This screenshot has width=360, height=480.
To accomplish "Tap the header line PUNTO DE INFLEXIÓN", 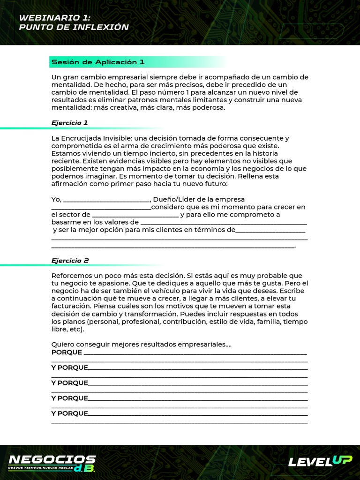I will pyautogui.click(x=74, y=27).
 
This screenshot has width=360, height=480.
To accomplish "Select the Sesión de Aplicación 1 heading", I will pyautogui.click(x=97, y=62).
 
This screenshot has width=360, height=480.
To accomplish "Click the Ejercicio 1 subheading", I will pyautogui.click(x=69, y=123).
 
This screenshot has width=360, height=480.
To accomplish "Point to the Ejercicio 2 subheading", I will pyautogui.click(x=70, y=260).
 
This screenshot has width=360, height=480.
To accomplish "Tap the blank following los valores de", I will pyautogui.click(x=224, y=223).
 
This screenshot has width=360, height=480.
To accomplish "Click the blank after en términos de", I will pyautogui.click(x=270, y=230).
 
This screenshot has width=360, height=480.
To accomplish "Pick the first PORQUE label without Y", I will pyautogui.click(x=67, y=352).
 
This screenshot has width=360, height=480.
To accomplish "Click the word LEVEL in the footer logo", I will pyautogui.click(x=310, y=462).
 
